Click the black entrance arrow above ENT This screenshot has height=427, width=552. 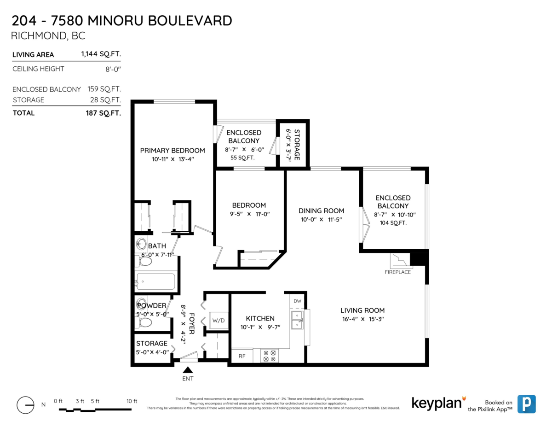187,369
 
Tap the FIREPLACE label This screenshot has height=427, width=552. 397,272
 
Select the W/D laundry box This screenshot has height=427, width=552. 218,320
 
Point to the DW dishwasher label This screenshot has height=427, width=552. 298,301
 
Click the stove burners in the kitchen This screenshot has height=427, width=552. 268,356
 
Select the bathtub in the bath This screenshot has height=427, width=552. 155,281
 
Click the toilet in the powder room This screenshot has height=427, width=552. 145,322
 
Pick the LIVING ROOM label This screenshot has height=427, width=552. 362,310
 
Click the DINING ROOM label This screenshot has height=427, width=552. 322,211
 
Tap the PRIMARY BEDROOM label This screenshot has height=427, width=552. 172,151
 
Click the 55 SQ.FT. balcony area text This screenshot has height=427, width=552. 242,158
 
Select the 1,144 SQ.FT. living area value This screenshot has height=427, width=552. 101,54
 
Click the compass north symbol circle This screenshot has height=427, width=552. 25,405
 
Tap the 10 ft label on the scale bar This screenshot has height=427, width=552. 132,401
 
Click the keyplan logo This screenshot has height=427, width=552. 436,403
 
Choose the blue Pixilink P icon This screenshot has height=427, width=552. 526,404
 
